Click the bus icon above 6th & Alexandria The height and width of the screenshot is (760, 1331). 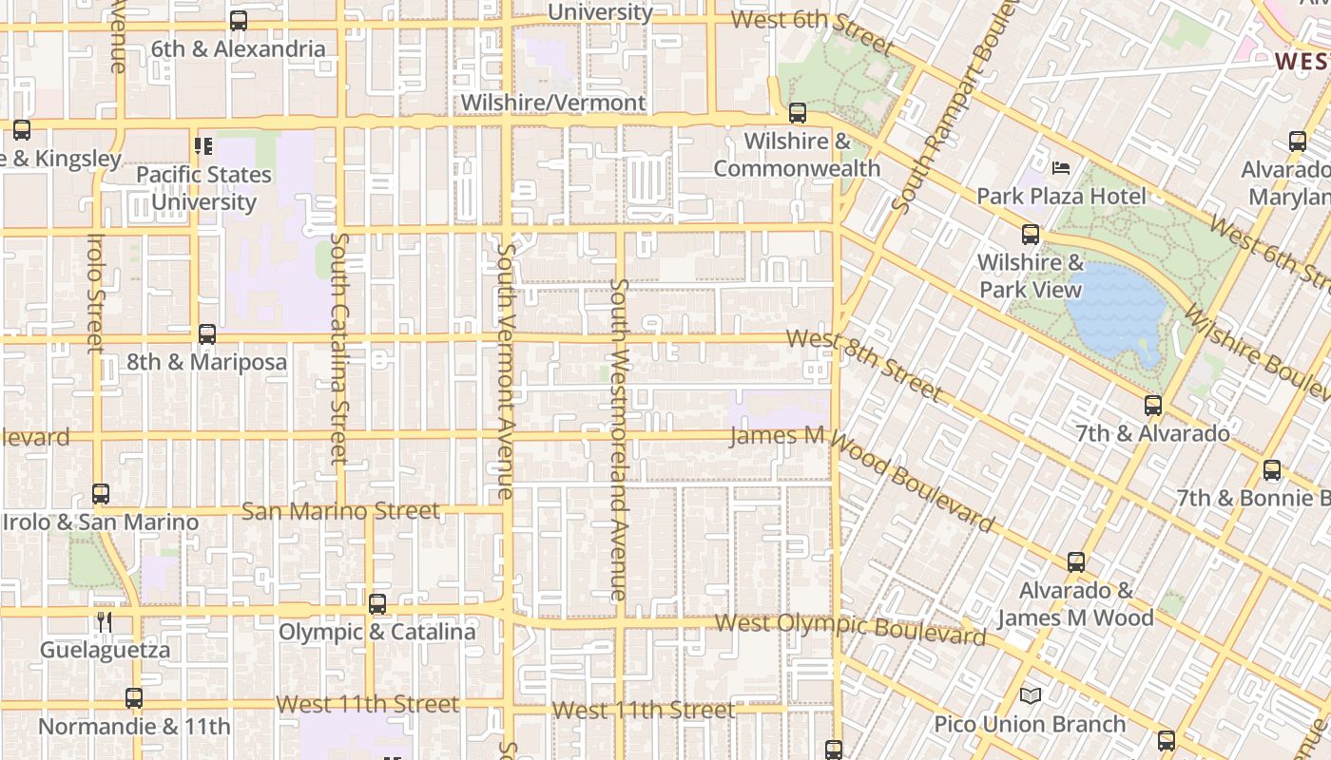pyautogui.click(x=239, y=20)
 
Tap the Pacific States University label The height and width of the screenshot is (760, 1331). pyautogui.click(x=203, y=188)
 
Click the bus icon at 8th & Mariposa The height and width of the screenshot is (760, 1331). pyautogui.click(x=206, y=334)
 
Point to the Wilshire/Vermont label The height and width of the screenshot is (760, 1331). pyautogui.click(x=553, y=103)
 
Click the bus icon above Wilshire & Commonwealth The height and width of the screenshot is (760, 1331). pyautogui.click(x=798, y=113)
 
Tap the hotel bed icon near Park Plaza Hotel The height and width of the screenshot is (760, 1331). pyautogui.click(x=1061, y=168)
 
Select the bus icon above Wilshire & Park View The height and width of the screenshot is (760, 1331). pyautogui.click(x=1031, y=235)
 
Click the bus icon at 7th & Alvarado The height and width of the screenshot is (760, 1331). pyautogui.click(x=1153, y=406)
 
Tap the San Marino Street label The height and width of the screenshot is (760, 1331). pyautogui.click(x=340, y=511)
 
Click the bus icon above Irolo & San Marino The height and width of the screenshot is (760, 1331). pyautogui.click(x=101, y=494)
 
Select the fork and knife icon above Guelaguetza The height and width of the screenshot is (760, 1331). pyautogui.click(x=105, y=622)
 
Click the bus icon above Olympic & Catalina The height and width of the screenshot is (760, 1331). pyautogui.click(x=377, y=604)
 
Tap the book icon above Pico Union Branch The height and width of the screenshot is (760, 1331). pyautogui.click(x=1031, y=696)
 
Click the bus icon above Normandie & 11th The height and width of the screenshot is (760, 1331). pyautogui.click(x=134, y=698)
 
